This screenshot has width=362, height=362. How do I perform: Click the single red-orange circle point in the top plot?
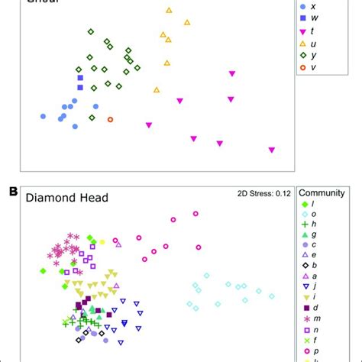[110, 119]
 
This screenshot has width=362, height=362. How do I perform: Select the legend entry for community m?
[310, 318]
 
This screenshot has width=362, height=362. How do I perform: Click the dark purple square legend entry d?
[310, 307]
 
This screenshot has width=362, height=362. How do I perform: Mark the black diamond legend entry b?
[310, 265]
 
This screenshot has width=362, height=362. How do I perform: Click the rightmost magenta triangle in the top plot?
[272, 150]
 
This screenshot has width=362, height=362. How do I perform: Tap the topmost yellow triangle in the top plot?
[169, 11]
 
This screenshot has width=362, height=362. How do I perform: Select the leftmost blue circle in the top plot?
[43, 116]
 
